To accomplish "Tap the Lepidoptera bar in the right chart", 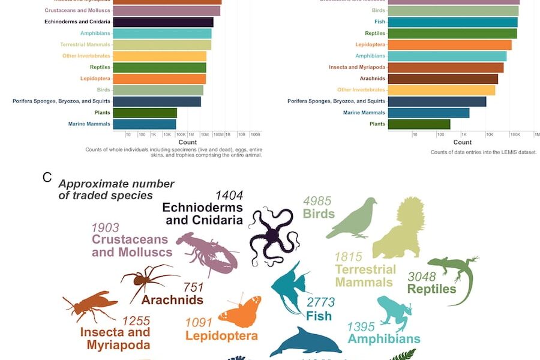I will [x=449, y=45].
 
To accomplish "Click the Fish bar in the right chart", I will [x=452, y=22].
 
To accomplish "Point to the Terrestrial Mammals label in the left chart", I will [x=85, y=45].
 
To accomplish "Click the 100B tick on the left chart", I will [x=254, y=134].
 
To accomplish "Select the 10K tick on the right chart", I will [x=490, y=134].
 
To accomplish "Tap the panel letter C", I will [x=47, y=178].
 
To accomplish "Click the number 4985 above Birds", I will [x=317, y=202].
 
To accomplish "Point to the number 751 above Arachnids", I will [x=193, y=287].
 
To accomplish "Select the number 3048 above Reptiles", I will [x=422, y=277].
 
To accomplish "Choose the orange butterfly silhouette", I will [x=241, y=311].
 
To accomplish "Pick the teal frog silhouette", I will [x=397, y=313].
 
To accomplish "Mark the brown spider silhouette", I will [x=147, y=280].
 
